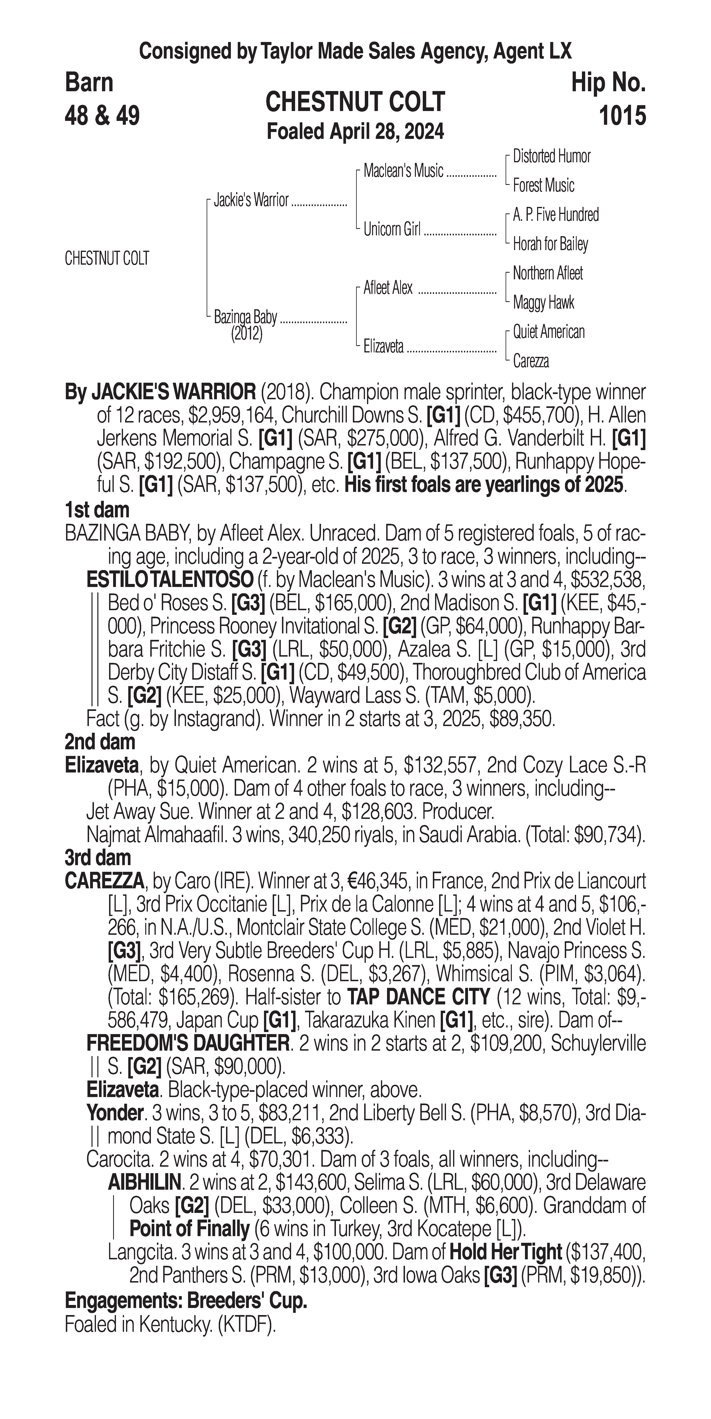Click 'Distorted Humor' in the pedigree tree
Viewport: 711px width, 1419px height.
[x=551, y=156]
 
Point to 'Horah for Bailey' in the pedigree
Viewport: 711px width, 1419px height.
[x=550, y=244]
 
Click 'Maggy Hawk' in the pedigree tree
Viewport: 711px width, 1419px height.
[x=543, y=302]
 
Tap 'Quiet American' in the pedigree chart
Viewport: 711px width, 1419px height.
[x=548, y=332]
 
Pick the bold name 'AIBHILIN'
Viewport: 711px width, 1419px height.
[x=144, y=1182]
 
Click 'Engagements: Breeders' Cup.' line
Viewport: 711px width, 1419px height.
[x=186, y=1301]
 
